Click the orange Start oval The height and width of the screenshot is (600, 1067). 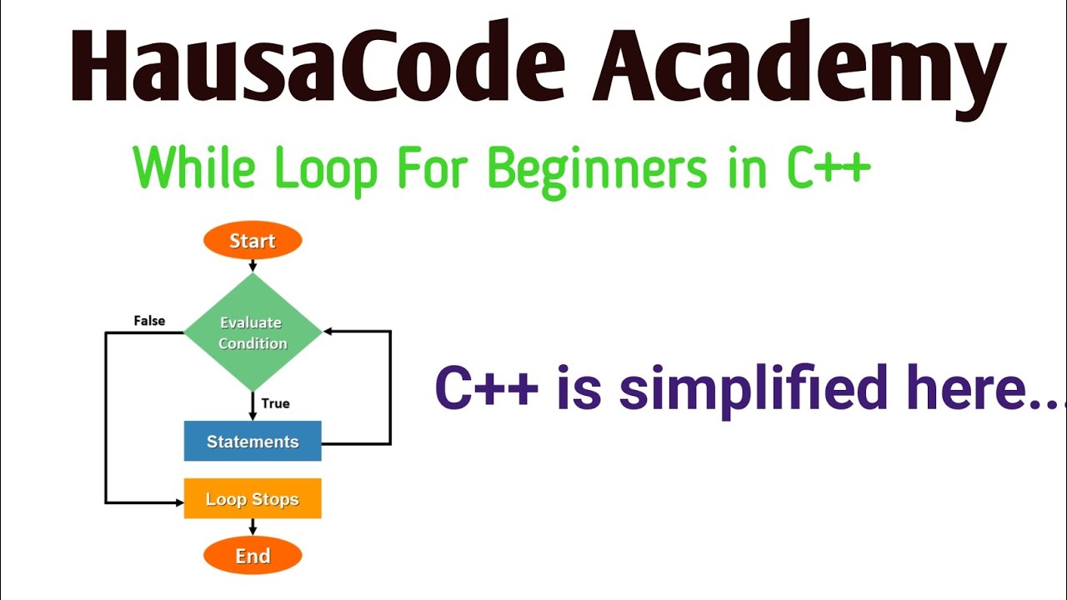point(253,241)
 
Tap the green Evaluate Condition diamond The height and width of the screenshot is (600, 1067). point(253,332)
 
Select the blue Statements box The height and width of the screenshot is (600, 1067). point(253,442)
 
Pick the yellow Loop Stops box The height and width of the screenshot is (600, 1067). point(253,499)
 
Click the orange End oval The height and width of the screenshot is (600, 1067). point(253,556)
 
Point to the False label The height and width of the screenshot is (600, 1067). point(149,321)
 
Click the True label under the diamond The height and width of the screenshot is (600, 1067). point(275,403)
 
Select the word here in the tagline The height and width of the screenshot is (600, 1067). point(958,388)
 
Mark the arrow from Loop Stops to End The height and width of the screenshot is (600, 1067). point(253,528)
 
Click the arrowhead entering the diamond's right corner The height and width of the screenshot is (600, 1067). point(328,332)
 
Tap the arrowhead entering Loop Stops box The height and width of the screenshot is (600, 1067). point(178,502)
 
